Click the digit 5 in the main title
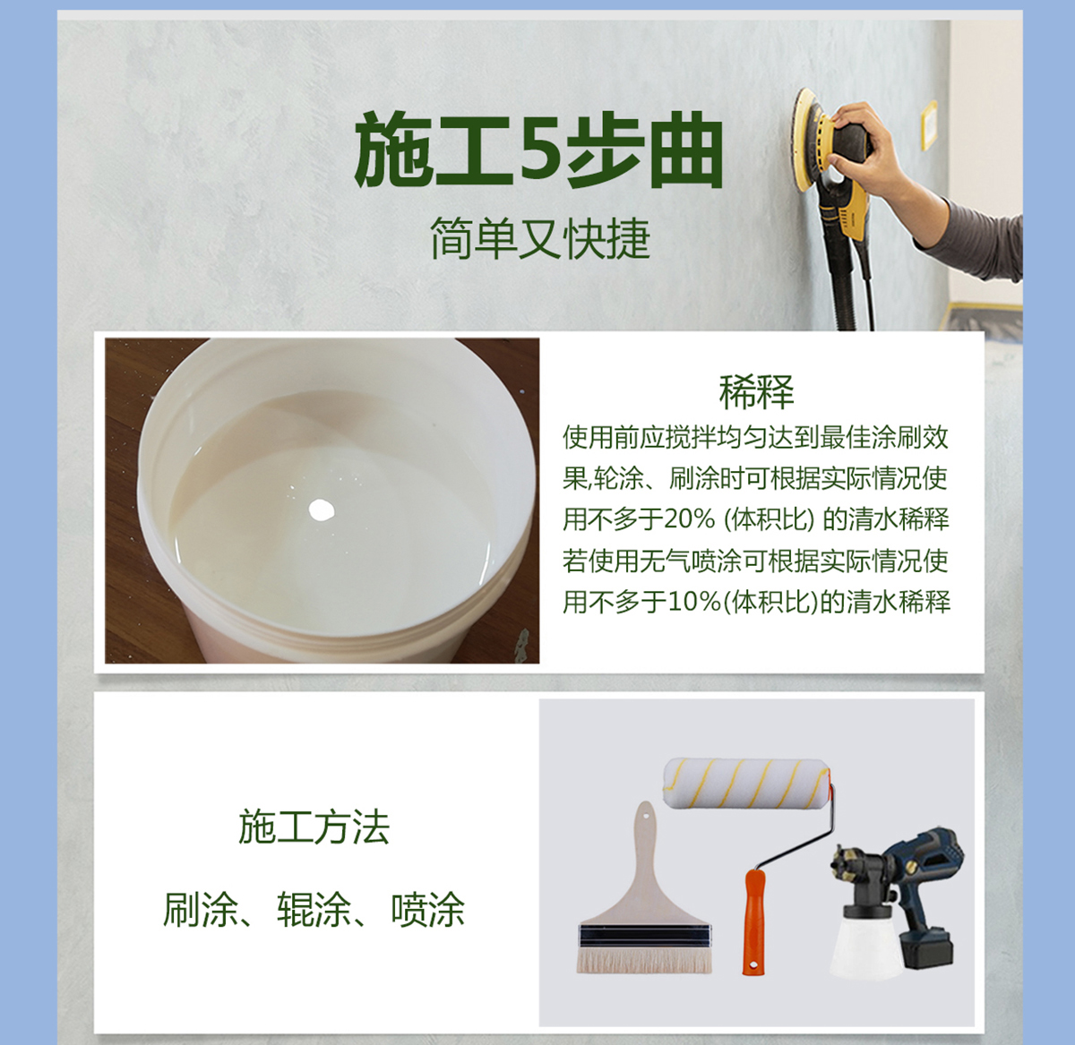point(540,150)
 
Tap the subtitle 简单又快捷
point(539,238)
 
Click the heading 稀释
point(757,391)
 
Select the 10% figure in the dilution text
point(694,602)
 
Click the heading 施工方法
point(314,827)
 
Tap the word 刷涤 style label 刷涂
point(200,910)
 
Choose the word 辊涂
point(314,910)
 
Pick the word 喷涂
point(428,910)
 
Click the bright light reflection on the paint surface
point(322,510)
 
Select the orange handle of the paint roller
point(754,922)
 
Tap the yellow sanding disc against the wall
point(804,139)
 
